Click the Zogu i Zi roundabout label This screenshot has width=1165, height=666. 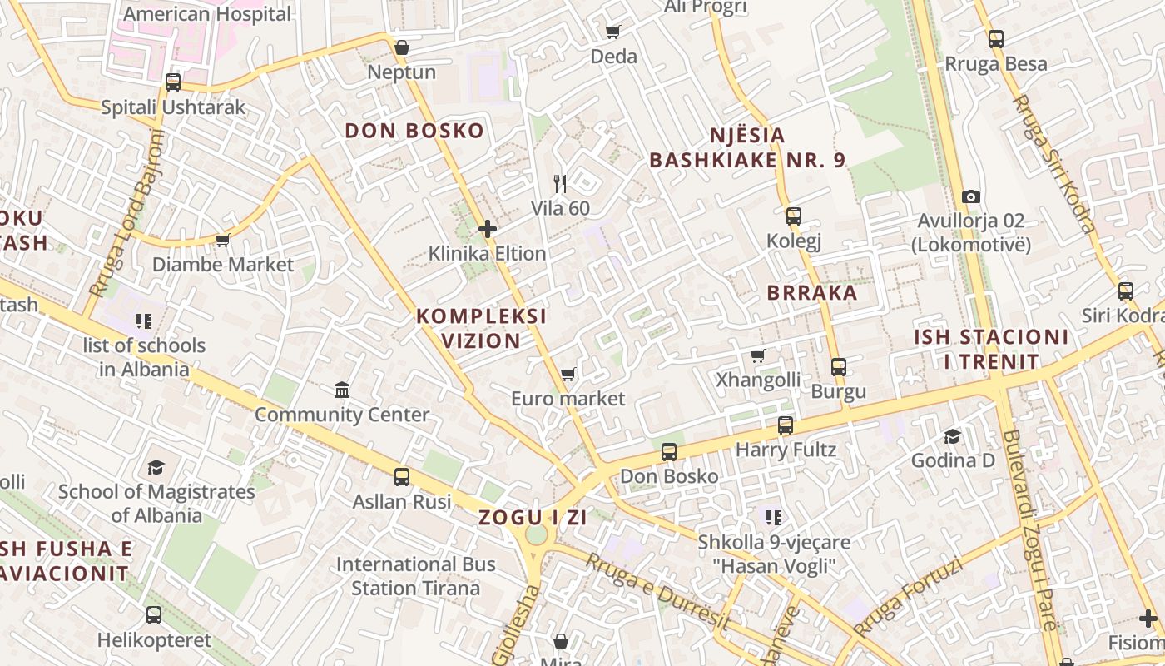(533, 517)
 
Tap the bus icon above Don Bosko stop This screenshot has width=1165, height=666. (669, 452)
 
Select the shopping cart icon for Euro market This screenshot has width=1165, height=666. (568, 374)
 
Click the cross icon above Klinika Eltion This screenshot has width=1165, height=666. (488, 228)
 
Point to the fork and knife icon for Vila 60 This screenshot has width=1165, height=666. (560, 183)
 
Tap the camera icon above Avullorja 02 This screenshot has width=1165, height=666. (970, 196)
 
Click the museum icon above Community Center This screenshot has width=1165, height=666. (342, 390)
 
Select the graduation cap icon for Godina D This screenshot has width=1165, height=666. (952, 436)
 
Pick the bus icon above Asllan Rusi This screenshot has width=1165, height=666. (402, 476)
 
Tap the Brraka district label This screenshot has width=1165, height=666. (812, 292)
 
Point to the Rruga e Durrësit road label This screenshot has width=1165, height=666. (657, 592)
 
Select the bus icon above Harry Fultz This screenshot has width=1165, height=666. (786, 425)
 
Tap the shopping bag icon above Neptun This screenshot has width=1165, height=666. (402, 47)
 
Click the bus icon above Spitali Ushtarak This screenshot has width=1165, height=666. (173, 82)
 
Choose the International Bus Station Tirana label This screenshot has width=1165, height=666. (415, 576)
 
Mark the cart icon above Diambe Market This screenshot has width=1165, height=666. (222, 240)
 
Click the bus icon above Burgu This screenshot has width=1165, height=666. (839, 366)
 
